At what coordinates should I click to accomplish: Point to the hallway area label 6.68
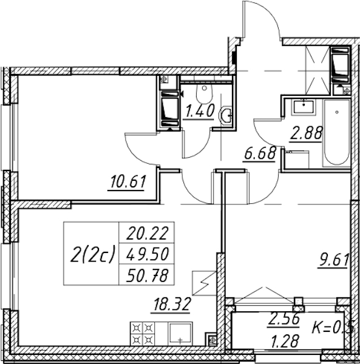tap(260, 153)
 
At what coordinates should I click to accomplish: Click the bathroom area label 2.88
tap(306, 133)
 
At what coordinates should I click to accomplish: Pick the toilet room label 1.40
tap(199, 111)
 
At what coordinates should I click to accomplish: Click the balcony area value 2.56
tap(284, 320)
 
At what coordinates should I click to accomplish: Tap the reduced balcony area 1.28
tap(285, 341)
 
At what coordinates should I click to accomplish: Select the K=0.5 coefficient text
tap(333, 328)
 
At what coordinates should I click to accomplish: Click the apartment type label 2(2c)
tap(92, 254)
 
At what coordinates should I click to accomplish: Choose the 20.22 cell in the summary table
tap(147, 233)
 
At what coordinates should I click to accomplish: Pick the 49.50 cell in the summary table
tap(147, 254)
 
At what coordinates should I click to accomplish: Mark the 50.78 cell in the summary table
tap(147, 275)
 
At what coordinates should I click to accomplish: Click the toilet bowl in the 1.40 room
tap(205, 93)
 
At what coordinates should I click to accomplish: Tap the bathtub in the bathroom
tap(337, 133)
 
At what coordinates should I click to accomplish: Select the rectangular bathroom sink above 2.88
tap(304, 107)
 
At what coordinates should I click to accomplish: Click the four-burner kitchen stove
tap(143, 335)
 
